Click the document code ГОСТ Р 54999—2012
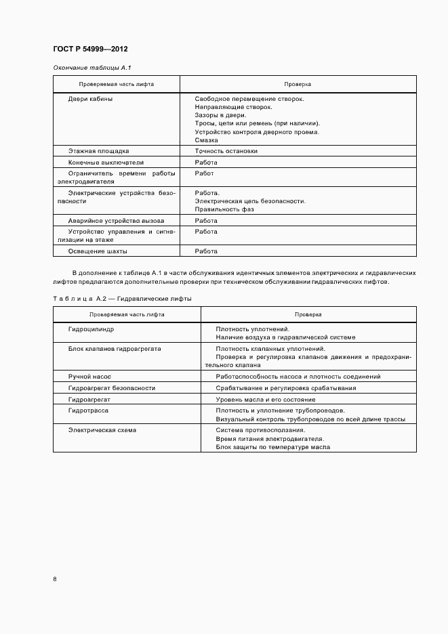90,49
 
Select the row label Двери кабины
90,99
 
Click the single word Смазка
206,140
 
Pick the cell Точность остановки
226,151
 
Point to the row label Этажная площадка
98,151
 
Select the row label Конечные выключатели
106,163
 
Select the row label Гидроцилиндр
91,329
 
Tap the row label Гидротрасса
88,410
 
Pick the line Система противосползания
260,430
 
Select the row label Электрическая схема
102,430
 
